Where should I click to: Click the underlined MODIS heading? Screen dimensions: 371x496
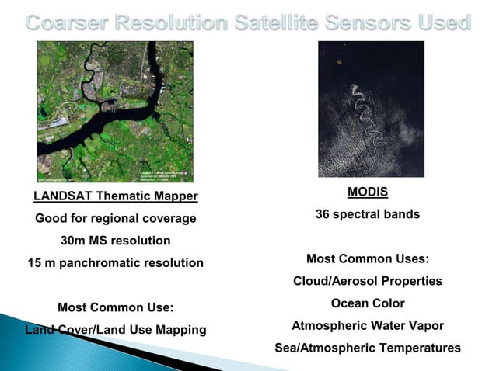coord(367,191)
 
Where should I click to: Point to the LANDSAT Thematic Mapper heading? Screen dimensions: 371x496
coord(116,196)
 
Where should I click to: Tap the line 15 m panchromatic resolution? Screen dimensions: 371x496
coord(116,263)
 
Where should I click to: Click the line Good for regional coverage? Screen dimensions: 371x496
coord(116,219)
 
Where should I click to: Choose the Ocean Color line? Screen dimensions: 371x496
coord(367,303)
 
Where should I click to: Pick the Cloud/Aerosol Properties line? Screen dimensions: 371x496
coord(367,280)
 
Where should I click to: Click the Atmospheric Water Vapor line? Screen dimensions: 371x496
coord(367,325)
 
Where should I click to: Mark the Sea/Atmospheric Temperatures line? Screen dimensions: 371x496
coord(367,348)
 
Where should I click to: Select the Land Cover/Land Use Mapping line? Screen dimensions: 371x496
coord(116,330)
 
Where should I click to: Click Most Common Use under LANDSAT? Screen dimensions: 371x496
coord(116,307)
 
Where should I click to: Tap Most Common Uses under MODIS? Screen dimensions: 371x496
coord(367,258)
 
